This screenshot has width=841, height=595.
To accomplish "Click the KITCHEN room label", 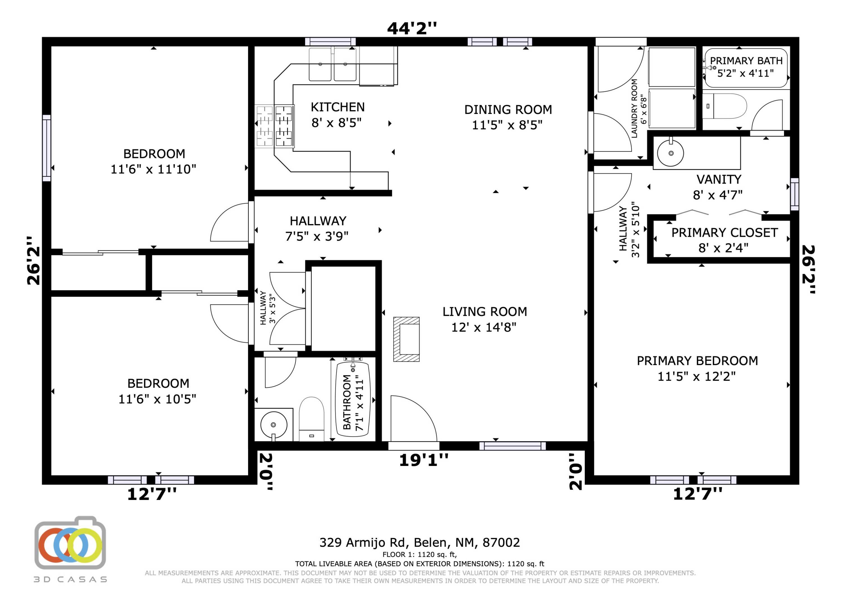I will [x=337, y=107].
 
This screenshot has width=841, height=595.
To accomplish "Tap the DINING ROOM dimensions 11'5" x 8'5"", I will [x=507, y=125].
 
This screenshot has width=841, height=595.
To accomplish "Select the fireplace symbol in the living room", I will [x=406, y=339].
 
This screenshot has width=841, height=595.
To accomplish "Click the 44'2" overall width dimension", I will [x=412, y=28].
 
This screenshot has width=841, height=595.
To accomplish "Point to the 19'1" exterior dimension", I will [x=423, y=460].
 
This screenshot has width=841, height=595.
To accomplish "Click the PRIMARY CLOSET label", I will [x=724, y=233].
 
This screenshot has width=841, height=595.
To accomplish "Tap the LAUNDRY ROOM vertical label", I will [x=634, y=109].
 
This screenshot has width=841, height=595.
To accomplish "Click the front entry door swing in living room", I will [x=412, y=420].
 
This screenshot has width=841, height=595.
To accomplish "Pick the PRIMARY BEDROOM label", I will [x=697, y=361].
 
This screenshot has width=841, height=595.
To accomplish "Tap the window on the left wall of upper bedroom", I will [x=47, y=148].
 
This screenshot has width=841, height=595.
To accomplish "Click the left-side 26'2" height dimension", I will [x=33, y=260].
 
